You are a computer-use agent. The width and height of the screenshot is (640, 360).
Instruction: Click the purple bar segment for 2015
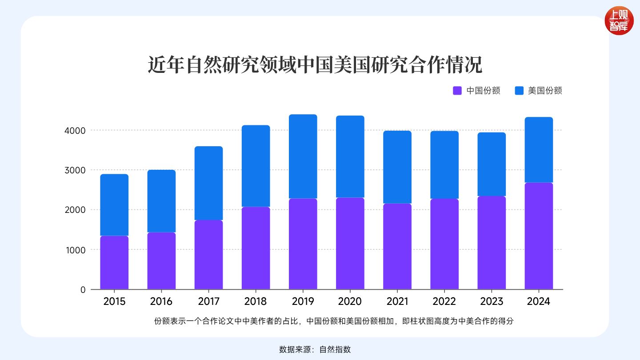tap(114, 262)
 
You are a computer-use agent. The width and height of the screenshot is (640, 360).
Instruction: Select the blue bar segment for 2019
tap(303, 156)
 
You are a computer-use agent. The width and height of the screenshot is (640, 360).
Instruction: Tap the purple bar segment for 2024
tap(539, 236)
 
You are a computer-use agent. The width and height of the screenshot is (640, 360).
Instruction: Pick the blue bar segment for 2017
tap(208, 183)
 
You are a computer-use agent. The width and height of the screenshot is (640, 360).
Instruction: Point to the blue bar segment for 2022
tap(444, 164)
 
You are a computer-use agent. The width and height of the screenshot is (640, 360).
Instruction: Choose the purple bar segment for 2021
tap(397, 246)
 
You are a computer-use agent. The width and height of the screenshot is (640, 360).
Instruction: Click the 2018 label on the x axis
tap(256, 301)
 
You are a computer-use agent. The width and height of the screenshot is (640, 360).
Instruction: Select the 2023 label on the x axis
tap(492, 301)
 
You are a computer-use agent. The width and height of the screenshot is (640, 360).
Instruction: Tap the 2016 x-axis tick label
tap(161, 301)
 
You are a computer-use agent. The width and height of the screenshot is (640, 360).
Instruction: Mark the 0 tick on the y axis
tap(83, 290)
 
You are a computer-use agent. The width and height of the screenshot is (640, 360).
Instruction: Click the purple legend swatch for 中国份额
tap(457, 91)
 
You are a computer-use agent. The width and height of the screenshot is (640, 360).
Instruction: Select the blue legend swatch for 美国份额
tap(519, 91)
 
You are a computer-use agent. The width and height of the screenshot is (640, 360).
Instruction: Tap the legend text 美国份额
tap(545, 91)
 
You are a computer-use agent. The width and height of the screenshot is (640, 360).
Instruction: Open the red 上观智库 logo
tap(619, 21)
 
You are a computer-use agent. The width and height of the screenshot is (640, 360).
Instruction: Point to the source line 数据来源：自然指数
tap(315, 349)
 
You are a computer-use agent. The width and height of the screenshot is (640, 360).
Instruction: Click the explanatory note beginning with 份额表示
tap(334, 321)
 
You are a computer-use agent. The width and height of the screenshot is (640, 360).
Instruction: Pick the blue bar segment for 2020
tap(350, 156)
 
